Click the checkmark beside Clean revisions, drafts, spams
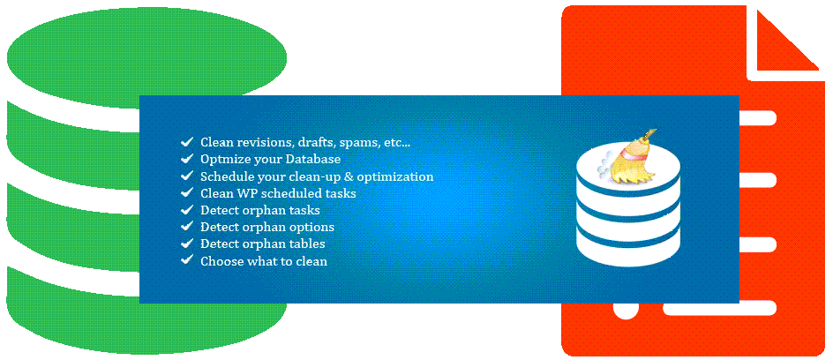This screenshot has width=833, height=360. pyautogui.click(x=186, y=142)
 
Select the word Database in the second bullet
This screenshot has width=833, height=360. pyautogui.click(x=312, y=159)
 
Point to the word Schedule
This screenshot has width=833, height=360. pyautogui.click(x=227, y=176)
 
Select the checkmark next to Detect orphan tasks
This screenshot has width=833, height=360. pyautogui.click(x=186, y=210)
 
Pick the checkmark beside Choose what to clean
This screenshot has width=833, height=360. pyautogui.click(x=186, y=260)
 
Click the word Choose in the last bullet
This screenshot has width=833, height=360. pyautogui.click(x=221, y=261)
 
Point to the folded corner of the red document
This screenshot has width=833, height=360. pyautogui.click(x=790, y=40)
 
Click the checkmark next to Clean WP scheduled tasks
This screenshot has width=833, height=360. pyautogui.click(x=186, y=192)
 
